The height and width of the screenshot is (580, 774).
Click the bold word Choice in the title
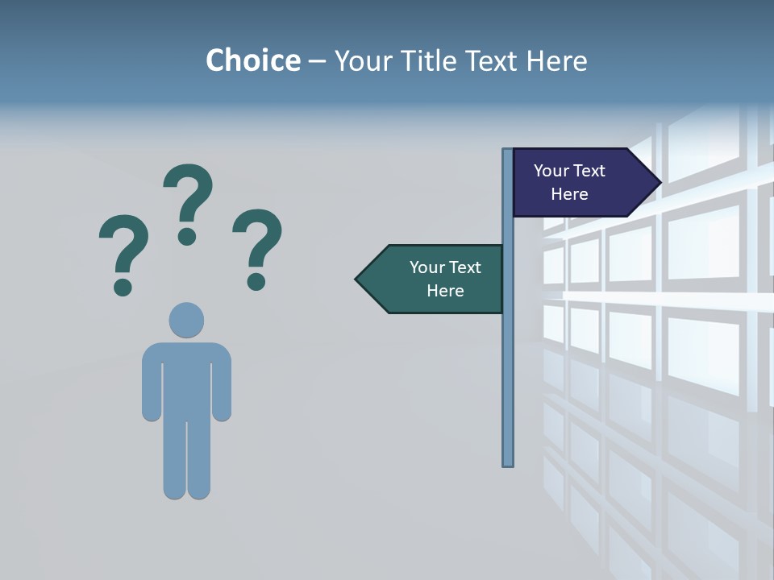[x=252, y=60]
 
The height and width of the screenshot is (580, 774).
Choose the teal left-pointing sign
[x=435, y=279]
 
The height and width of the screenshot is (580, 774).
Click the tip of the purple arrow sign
[x=659, y=182]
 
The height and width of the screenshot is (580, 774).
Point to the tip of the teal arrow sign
[x=358, y=280]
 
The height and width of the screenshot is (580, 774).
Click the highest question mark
[x=189, y=193]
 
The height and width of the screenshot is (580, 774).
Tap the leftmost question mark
[x=123, y=246]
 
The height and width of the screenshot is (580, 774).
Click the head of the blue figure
[x=186, y=320]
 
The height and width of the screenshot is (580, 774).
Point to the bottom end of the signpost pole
[x=508, y=462]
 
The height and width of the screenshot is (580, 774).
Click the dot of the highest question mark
[x=187, y=236]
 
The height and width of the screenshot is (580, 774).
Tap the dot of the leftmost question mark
[x=123, y=287]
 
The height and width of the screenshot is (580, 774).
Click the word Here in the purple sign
[x=569, y=194]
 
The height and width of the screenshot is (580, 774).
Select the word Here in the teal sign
[x=445, y=291]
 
